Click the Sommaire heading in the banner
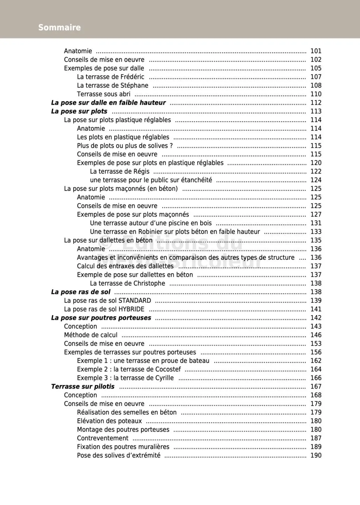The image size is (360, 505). [59, 27]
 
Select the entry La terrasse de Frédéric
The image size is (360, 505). [110, 77]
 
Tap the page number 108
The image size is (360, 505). [316, 85]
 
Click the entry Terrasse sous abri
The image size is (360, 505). [103, 94]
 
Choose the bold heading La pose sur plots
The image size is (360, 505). [79, 111]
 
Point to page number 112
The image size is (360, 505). [316, 103]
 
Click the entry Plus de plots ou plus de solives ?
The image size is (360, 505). [125, 146]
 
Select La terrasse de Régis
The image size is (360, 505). [120, 171]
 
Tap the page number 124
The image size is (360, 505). [316, 180]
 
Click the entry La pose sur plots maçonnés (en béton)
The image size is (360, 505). [121, 188]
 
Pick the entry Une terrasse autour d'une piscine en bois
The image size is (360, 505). [151, 223]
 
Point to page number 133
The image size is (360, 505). [316, 232]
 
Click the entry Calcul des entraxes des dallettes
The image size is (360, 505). [125, 266]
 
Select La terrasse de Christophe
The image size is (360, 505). [127, 283]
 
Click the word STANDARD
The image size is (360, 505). [135, 301]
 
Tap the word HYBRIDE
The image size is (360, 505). [131, 309]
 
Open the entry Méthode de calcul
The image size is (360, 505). [91, 335]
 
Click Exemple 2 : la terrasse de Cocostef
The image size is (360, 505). [129, 369]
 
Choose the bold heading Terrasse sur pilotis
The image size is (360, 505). [83, 386]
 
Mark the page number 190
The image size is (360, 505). [316, 455]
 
